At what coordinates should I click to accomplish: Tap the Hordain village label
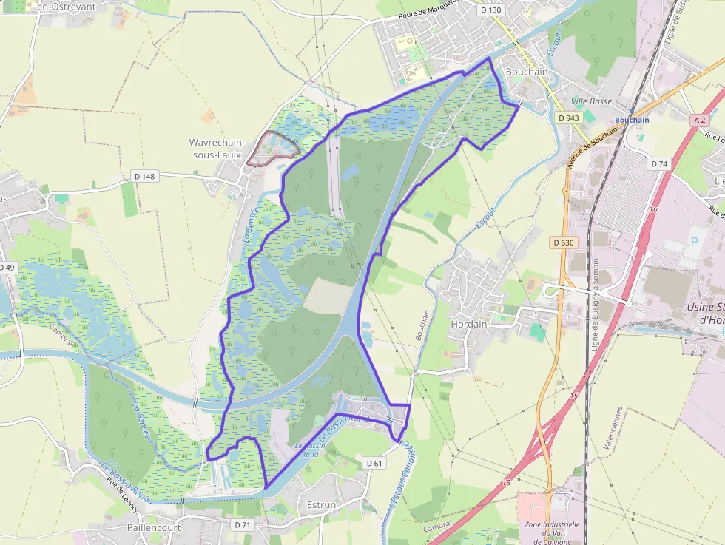[x=468, y=323]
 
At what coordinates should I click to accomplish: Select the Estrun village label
[x=320, y=505]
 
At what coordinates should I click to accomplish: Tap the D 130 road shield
[x=490, y=10]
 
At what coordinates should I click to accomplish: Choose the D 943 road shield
[x=569, y=118]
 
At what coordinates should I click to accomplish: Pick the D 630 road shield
[x=563, y=243]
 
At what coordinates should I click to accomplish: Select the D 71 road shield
[x=243, y=524]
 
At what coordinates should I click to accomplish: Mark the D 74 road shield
[x=659, y=163]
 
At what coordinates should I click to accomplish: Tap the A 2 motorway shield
[x=700, y=120]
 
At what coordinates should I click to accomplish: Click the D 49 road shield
[x=6, y=267]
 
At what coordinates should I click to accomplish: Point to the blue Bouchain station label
[x=632, y=120]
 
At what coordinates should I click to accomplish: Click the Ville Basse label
[x=592, y=101]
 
